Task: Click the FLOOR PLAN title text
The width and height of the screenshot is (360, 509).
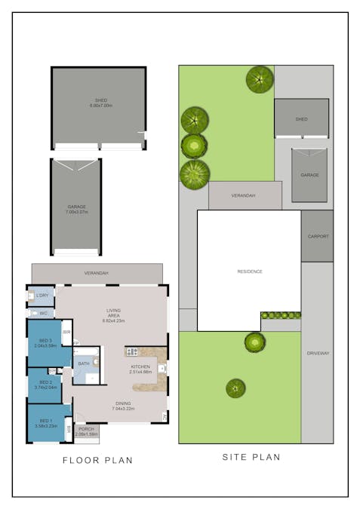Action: point(97,459)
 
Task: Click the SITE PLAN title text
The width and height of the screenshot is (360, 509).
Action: point(251,457)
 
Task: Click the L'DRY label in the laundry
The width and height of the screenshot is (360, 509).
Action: point(42,296)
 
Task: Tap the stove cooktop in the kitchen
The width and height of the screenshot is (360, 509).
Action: point(132,351)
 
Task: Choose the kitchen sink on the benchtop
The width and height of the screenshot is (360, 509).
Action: point(162,369)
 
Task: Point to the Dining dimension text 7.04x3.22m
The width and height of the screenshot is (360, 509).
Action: point(122,408)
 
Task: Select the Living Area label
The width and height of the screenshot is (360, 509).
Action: point(112,313)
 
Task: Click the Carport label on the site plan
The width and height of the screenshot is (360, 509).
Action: point(318,236)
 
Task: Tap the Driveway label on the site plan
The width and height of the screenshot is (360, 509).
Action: point(318,353)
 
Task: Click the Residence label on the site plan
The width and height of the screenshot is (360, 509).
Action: point(249,271)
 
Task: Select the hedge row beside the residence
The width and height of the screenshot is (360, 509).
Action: point(281,315)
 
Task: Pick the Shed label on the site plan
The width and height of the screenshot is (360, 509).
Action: point(301,119)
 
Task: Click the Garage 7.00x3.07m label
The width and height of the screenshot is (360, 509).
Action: point(76,209)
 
